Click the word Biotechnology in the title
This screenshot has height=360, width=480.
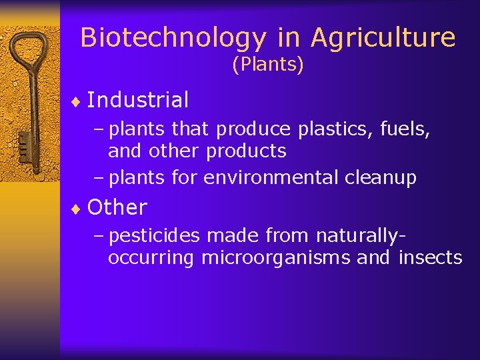pyautogui.click(x=172, y=38)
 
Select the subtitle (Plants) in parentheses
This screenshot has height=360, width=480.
pyautogui.click(x=267, y=65)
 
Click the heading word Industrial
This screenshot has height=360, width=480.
pyautogui.click(x=138, y=100)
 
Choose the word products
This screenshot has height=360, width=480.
pyautogui.click(x=246, y=151)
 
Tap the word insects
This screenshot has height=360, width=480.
pyautogui.click(x=430, y=257)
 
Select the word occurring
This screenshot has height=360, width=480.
pyautogui.click(x=151, y=259)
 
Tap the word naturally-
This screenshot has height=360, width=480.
pyautogui.click(x=361, y=235)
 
